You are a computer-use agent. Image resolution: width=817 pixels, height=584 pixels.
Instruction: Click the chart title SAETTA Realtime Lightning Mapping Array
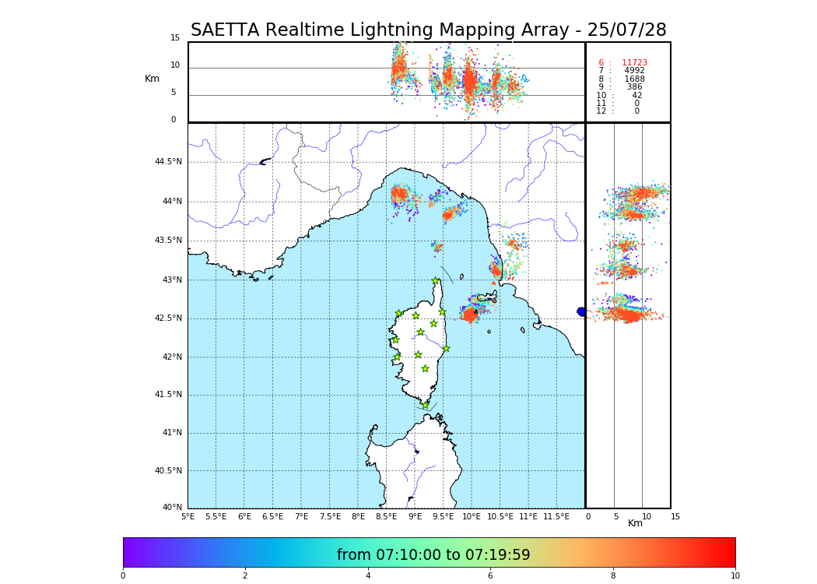coord(428,30)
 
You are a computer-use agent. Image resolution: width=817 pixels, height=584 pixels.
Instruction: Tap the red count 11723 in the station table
coord(634,63)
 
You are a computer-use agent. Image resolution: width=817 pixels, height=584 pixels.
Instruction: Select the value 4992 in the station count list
coord(634,71)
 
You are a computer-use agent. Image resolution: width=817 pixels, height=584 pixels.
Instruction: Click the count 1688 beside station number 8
coord(634,79)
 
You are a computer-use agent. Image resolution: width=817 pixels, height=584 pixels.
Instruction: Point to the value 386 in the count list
coord(634,87)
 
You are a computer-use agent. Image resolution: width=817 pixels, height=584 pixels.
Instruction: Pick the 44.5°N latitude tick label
coord(168,162)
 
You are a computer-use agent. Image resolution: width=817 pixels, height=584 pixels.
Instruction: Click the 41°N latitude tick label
coord(170,433)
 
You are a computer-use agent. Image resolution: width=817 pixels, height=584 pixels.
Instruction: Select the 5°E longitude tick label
coord(188,516)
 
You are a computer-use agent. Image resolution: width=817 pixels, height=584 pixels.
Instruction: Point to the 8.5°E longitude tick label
coord(386,516)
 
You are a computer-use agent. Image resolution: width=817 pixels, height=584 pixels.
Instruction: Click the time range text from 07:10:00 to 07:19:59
coord(433,555)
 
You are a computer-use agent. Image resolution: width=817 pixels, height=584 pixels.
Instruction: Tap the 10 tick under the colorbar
coord(735,576)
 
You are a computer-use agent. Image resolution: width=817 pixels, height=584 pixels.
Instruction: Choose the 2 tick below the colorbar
coord(245,576)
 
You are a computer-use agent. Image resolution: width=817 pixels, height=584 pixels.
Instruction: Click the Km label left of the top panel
coord(152,79)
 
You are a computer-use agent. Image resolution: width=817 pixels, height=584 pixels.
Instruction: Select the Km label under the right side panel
coord(635,523)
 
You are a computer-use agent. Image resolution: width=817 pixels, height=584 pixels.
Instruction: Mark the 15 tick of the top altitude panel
coord(175,38)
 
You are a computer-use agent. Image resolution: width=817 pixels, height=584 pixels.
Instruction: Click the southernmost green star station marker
coord(425,405)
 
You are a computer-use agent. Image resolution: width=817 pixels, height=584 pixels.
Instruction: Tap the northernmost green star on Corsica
coord(436,281)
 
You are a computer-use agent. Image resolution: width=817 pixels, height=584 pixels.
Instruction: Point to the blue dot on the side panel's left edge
coord(581,311)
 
